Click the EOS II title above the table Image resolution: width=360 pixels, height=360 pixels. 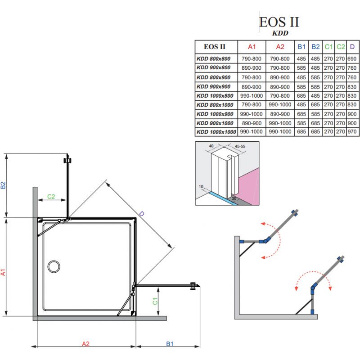pyautogui.click(x=279, y=22)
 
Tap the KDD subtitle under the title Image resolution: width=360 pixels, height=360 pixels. pyautogui.click(x=280, y=33)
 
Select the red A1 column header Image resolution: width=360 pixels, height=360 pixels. pyautogui.click(x=252, y=46)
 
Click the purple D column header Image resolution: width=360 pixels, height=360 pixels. pyautogui.click(x=352, y=46)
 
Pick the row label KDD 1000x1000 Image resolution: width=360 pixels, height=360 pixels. pyautogui.click(x=216, y=132)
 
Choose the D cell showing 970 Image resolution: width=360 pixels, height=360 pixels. pyautogui.click(x=352, y=132)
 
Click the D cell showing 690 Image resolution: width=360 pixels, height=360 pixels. pyautogui.click(x=352, y=58)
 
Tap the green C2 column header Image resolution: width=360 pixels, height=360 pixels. pyautogui.click(x=341, y=46)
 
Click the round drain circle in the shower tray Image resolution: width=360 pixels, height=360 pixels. pyautogui.click(x=54, y=266)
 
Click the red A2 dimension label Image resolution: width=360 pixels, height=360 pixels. pyautogui.click(x=85, y=344)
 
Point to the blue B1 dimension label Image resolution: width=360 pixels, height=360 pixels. pyautogui.click(x=169, y=344)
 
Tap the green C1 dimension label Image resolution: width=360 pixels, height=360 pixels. pyautogui.click(x=155, y=301)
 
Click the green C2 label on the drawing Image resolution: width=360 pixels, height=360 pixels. pyautogui.click(x=51, y=196)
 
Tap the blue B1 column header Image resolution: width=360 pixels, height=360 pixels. pyautogui.click(x=301, y=46)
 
